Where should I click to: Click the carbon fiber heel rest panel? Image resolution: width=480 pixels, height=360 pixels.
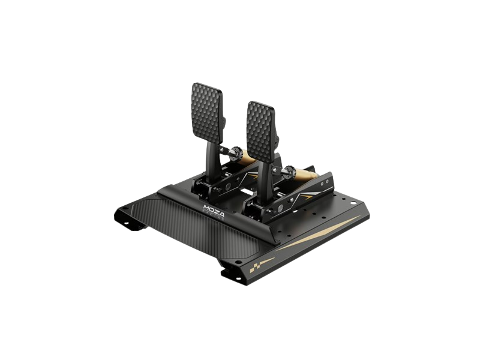click(180, 234)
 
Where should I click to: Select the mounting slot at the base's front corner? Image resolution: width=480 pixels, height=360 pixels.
click(230, 275)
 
